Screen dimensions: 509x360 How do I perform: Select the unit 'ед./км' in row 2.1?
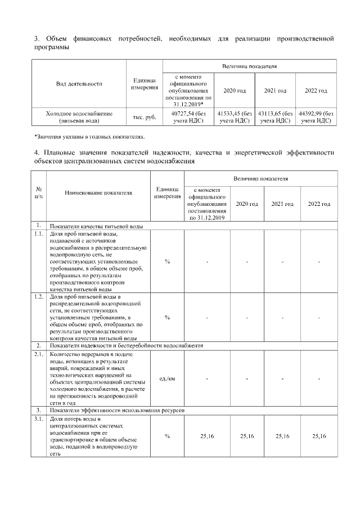pos(167,379)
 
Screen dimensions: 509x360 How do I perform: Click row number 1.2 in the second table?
pos(39,295)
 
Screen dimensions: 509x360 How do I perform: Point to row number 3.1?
pos(39,419)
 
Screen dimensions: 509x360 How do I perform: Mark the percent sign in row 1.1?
pos(167,262)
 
